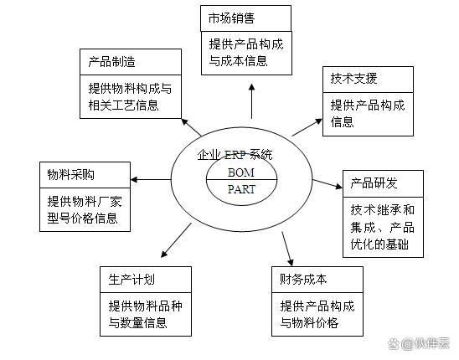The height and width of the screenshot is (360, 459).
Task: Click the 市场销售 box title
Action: click(x=231, y=18)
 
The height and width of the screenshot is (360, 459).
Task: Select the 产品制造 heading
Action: click(x=112, y=62)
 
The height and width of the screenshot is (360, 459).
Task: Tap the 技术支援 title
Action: click(x=353, y=79)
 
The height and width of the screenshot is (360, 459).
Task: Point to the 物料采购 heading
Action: click(x=71, y=175)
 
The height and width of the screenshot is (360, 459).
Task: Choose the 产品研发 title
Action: click(x=374, y=183)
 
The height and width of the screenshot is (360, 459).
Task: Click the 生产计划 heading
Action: click(x=132, y=280)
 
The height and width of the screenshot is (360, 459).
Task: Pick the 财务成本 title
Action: click(x=303, y=280)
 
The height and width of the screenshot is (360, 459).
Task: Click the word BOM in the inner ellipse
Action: click(x=241, y=172)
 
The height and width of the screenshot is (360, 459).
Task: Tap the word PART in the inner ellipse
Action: click(x=241, y=189)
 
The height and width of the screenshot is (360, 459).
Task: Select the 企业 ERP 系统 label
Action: click(x=235, y=155)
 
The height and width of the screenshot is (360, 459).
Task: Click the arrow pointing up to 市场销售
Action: click(x=251, y=101)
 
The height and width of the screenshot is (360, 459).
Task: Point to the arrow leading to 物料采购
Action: click(x=151, y=179)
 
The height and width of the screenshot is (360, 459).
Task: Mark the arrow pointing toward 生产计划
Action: click(x=176, y=240)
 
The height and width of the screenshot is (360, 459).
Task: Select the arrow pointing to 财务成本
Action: click(x=287, y=249)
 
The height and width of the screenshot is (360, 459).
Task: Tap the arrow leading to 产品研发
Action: click(x=327, y=184)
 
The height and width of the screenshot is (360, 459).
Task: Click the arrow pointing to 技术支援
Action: click(x=307, y=127)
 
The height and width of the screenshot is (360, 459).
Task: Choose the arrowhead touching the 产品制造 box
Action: click(x=185, y=121)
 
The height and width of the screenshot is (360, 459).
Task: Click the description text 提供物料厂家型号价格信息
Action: click(x=85, y=210)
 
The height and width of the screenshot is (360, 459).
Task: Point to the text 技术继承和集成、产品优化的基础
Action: click(x=382, y=227)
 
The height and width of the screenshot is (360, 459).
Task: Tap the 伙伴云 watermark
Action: click(x=419, y=343)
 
